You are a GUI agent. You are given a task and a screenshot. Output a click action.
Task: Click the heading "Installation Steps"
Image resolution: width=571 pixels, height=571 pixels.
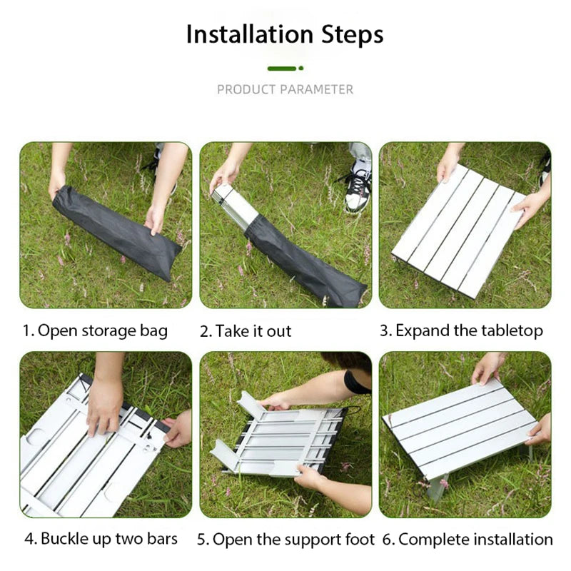(x=285, y=34)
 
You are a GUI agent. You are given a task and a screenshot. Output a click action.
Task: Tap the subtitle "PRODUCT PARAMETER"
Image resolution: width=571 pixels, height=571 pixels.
(x=285, y=89)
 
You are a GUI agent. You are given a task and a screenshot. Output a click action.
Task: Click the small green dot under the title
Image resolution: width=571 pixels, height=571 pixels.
(x=301, y=69)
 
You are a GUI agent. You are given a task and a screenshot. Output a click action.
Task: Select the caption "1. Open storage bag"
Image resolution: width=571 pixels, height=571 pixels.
(x=95, y=330)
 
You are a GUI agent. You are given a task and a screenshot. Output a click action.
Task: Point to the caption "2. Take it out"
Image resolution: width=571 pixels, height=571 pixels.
(x=246, y=330)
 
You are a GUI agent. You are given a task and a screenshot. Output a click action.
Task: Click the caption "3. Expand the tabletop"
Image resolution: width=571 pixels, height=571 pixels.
(x=461, y=330)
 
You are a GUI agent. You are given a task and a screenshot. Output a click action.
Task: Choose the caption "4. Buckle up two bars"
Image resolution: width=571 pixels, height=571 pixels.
(x=101, y=538)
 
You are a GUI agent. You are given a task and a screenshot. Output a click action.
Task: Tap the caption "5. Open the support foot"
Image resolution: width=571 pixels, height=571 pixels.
(x=285, y=538)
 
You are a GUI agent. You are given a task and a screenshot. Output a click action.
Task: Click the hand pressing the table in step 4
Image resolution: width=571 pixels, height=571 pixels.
(x=104, y=404)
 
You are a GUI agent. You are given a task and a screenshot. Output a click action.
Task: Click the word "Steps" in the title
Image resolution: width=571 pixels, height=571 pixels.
(x=350, y=34)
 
